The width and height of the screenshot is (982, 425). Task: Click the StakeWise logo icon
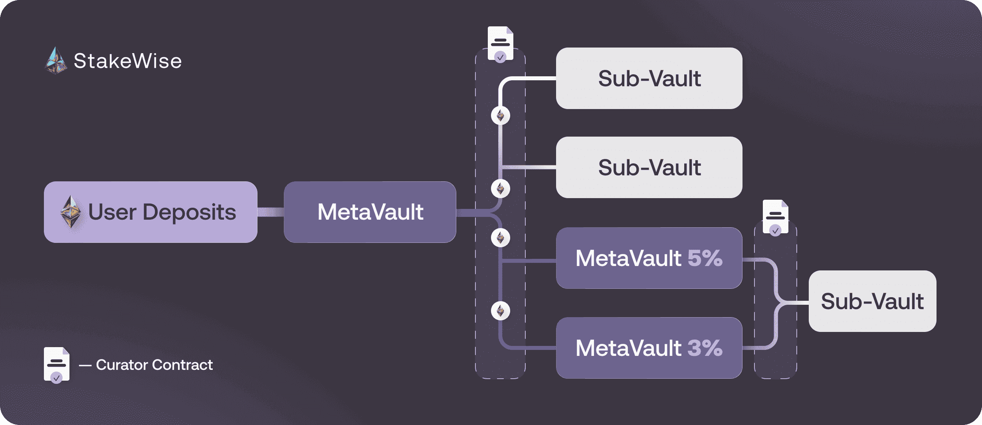[56, 61]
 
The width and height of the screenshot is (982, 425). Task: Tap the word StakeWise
[128, 61]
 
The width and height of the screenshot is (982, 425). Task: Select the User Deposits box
[150, 212]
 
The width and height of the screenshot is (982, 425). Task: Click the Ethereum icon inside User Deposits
[71, 212]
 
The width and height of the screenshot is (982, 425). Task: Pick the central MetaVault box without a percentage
[370, 212]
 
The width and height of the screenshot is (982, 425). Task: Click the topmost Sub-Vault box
[649, 78]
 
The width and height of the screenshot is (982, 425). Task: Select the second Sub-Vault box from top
[649, 167]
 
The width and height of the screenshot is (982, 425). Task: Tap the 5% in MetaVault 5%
[705, 258]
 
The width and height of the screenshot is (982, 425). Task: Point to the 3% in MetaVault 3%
[705, 348]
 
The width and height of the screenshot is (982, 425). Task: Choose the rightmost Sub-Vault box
[872, 301]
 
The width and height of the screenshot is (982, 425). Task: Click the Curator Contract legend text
[154, 365]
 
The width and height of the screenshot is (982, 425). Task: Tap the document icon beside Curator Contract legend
[56, 365]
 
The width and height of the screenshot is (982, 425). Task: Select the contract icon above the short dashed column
[775, 217]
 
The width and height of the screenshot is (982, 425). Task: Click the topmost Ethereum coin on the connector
[501, 116]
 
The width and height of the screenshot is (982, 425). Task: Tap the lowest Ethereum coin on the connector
[501, 311]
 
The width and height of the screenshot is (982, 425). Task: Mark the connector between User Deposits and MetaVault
[271, 212]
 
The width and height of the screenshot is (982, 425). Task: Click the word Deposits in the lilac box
[189, 212]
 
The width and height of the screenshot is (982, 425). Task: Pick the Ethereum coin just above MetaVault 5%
[501, 238]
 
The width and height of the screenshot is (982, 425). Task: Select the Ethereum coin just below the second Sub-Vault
[501, 189]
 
